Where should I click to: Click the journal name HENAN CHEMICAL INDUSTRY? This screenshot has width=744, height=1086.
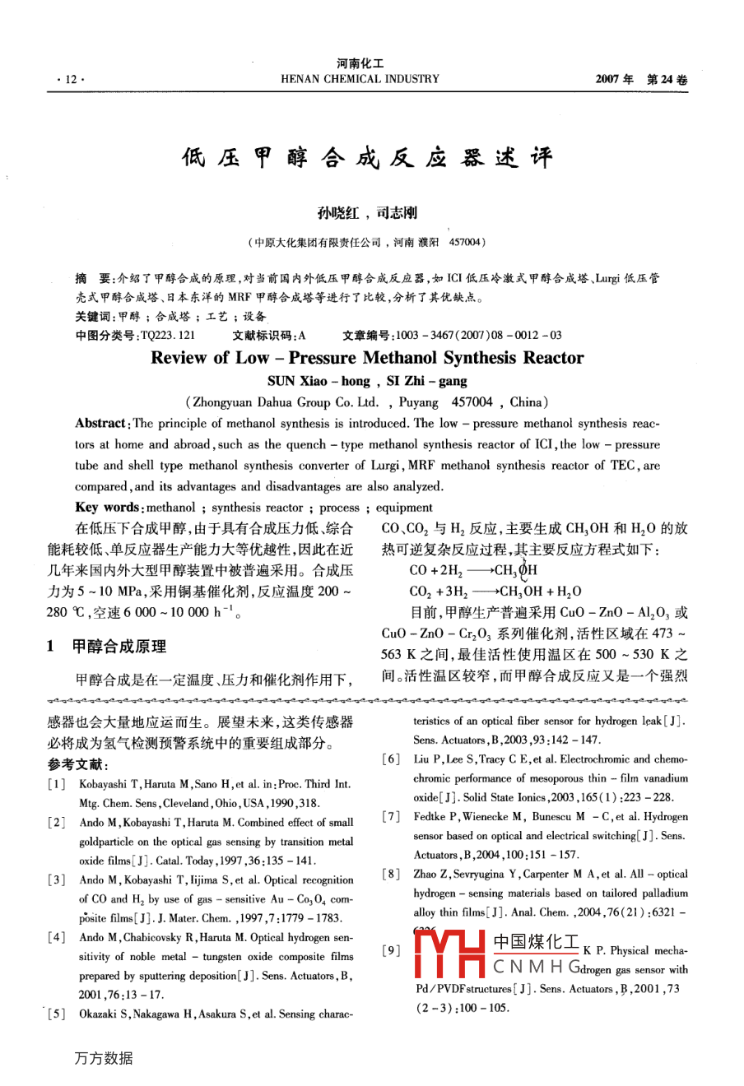coord(360,79)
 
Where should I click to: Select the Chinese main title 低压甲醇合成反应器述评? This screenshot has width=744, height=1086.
coord(367,157)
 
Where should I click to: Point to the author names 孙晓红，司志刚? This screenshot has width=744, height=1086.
coord(367,213)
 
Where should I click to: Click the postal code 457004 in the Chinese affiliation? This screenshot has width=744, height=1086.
coord(467,242)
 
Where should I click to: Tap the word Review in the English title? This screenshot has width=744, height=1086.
coord(179,358)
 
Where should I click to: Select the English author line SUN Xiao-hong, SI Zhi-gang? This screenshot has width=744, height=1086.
coord(367,381)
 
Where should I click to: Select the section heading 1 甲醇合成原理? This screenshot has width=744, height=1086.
coord(107,647)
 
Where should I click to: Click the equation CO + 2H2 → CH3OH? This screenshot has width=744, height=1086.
coord(473,570)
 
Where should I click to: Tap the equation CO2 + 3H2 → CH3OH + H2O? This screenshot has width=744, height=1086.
coord(495,592)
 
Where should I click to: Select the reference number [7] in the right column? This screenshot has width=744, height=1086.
coord(392,817)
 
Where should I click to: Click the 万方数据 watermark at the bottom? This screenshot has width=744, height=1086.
coord(104,1058)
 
